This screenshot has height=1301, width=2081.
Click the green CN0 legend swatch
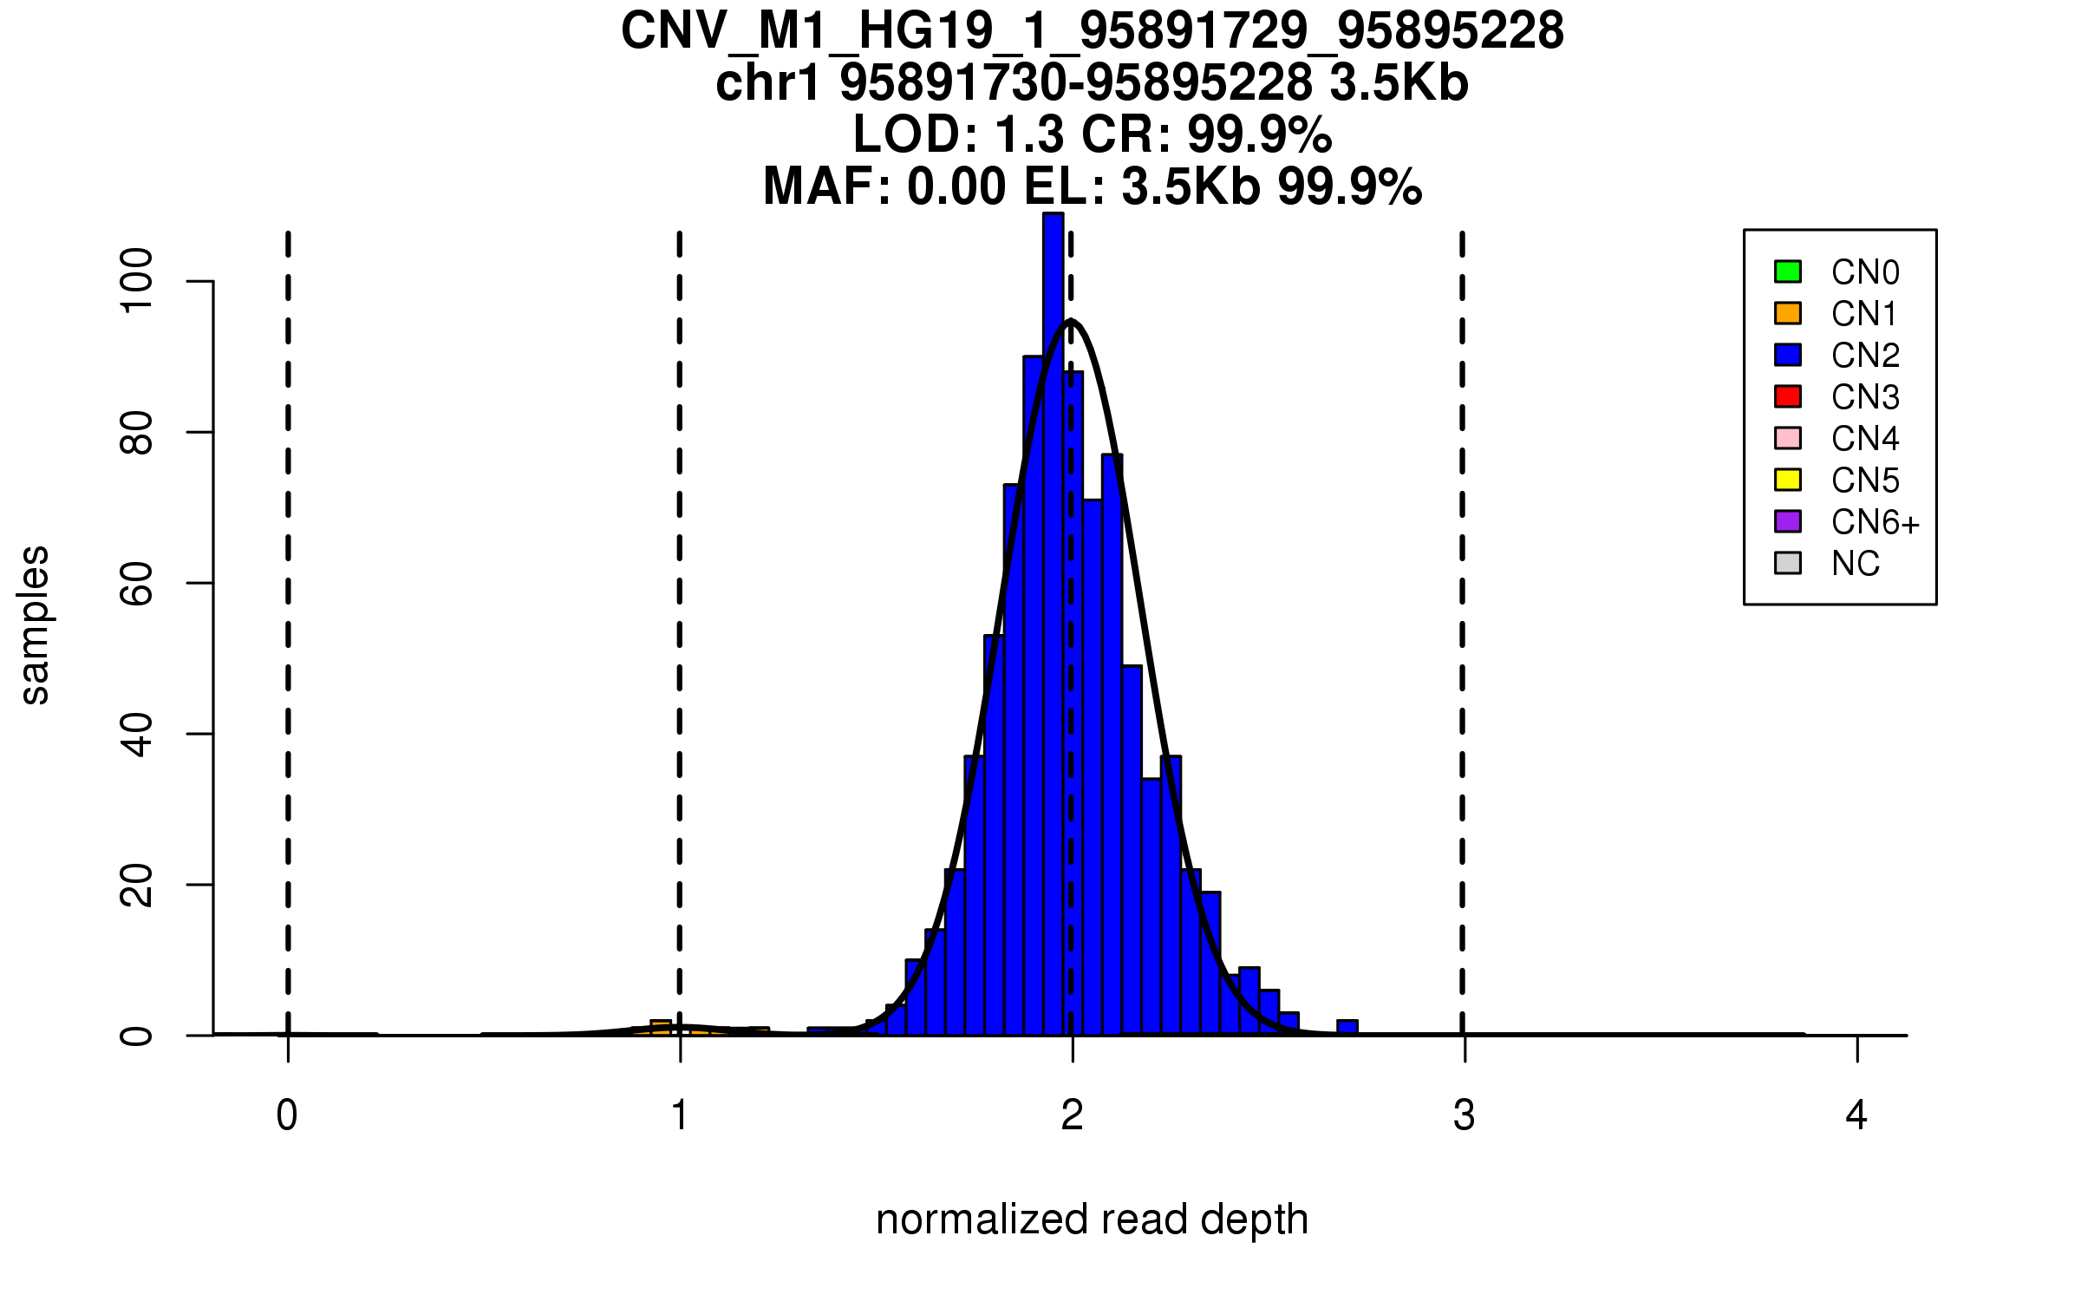1788,271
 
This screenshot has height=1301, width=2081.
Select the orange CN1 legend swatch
1788,313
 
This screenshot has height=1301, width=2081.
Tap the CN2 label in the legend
1865,356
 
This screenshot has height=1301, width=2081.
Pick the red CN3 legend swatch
1788,396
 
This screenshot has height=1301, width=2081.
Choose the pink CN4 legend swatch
1788,438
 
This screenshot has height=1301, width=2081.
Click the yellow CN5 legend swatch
1788,480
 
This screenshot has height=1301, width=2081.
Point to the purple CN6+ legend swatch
1788,521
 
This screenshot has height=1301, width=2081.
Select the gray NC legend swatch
1788,563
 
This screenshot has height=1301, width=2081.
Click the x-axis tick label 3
1464,1115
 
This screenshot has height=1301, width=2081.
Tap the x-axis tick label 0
287,1115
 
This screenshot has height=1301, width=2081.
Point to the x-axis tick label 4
1856,1115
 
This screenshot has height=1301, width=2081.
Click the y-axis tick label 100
137,280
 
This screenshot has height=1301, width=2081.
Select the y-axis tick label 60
137,583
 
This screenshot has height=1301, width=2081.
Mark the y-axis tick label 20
137,885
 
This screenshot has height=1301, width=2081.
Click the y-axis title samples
35,625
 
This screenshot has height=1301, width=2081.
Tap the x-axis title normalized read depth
1092,1219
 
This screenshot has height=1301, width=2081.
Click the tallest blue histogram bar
1053,607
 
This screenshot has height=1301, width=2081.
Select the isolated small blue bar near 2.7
1347,1028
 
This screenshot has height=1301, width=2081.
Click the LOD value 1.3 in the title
1030,134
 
